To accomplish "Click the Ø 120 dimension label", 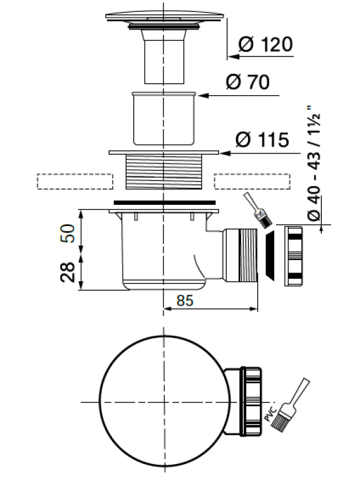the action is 265,44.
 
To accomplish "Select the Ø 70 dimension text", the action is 248,82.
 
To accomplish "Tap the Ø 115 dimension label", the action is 262,140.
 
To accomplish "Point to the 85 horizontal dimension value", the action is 185,301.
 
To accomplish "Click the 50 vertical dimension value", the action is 68,234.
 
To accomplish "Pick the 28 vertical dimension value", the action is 68,272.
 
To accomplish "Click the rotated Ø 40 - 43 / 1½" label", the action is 314,163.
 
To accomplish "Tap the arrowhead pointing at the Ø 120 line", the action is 234,56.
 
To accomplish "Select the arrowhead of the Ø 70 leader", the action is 203,95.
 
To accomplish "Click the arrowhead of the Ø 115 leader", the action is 225,153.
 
